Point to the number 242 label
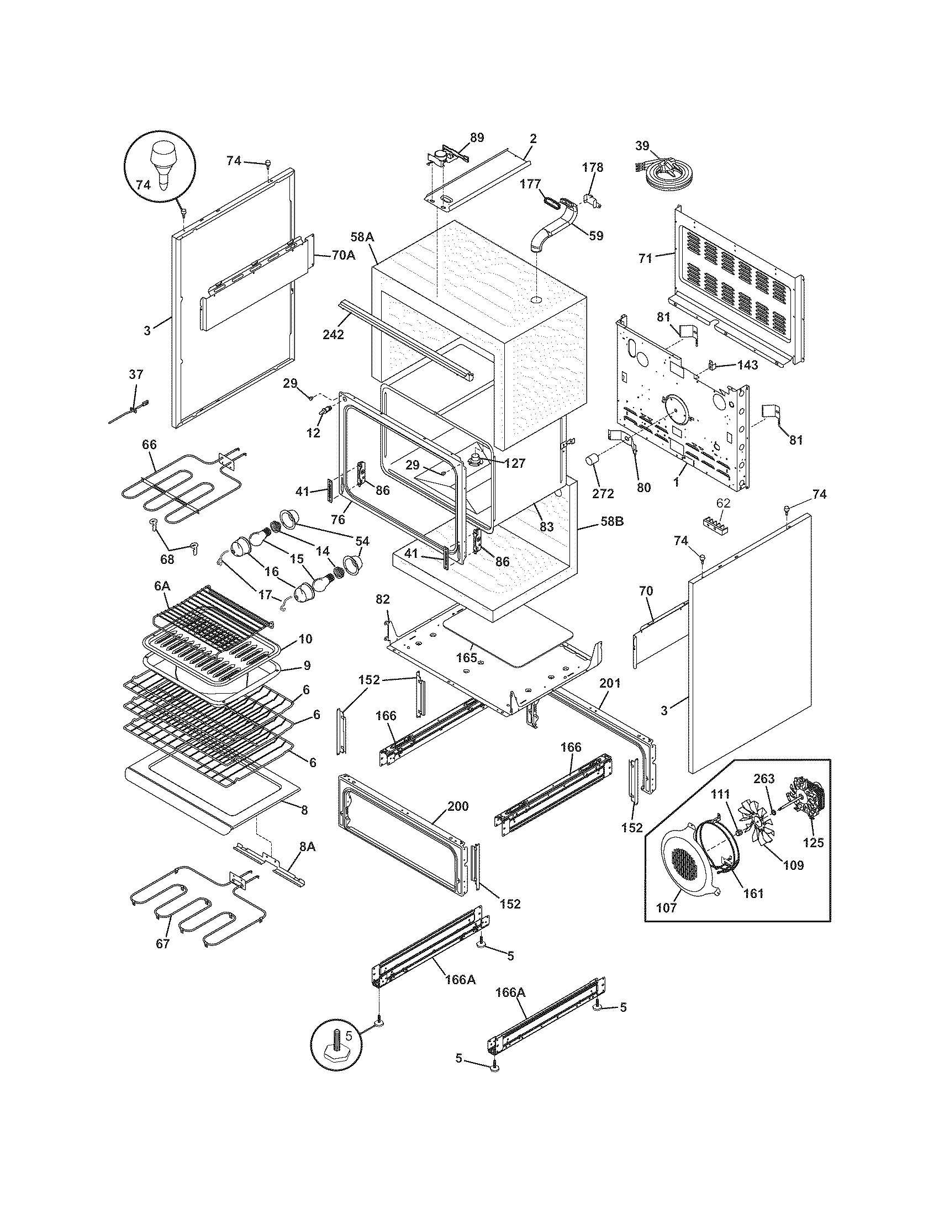click(333, 334)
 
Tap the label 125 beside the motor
click(813, 843)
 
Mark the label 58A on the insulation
click(362, 237)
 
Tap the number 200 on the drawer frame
click(457, 806)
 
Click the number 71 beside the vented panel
click(645, 258)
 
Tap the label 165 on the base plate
click(466, 657)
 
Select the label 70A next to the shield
click(343, 255)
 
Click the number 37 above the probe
click(136, 374)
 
